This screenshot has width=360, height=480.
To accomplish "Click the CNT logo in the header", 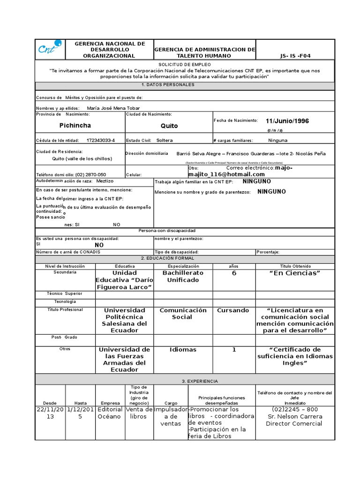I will tap(50, 49).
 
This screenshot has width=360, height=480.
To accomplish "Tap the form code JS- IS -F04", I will tap(295, 56).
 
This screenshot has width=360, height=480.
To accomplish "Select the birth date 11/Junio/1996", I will tap(287, 121).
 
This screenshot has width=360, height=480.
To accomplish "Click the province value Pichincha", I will tap(75, 126).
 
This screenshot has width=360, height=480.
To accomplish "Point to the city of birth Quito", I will tap(169, 126).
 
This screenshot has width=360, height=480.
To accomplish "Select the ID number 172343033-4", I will tap(101, 140).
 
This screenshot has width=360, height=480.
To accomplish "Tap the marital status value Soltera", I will tap(165, 140).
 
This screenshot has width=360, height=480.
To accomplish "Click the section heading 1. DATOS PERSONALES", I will tap(167, 85).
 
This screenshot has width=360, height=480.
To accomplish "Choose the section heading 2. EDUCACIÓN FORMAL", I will tap(167, 258).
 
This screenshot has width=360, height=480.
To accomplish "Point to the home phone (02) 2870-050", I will tap(90, 174).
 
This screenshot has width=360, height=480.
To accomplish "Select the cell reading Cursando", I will tap(233, 310).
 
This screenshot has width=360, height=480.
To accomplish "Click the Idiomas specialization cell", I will tap(183, 350).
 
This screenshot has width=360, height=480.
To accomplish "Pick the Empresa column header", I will tap(110, 403).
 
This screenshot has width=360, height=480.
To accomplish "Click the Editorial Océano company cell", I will tap(110, 413).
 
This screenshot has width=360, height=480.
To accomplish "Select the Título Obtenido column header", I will tap(295, 266).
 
